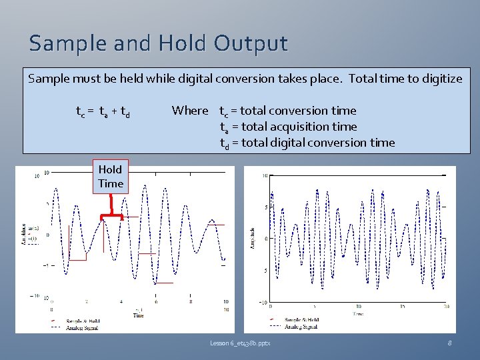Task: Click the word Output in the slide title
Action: coord(251,44)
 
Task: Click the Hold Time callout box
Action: coord(111,177)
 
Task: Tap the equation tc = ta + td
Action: coord(103,111)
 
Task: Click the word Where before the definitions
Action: coord(189,111)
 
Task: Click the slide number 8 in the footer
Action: coord(451,343)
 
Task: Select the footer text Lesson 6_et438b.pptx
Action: coord(240,343)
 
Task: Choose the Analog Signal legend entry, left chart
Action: coord(83,327)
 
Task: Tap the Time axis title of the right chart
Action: coord(359,312)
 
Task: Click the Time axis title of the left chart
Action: coord(138,315)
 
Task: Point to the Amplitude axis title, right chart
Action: coord(255,237)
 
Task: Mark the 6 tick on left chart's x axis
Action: coord(155,302)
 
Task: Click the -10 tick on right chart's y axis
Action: coord(263,302)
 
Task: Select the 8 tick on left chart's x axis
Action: coord(191,302)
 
